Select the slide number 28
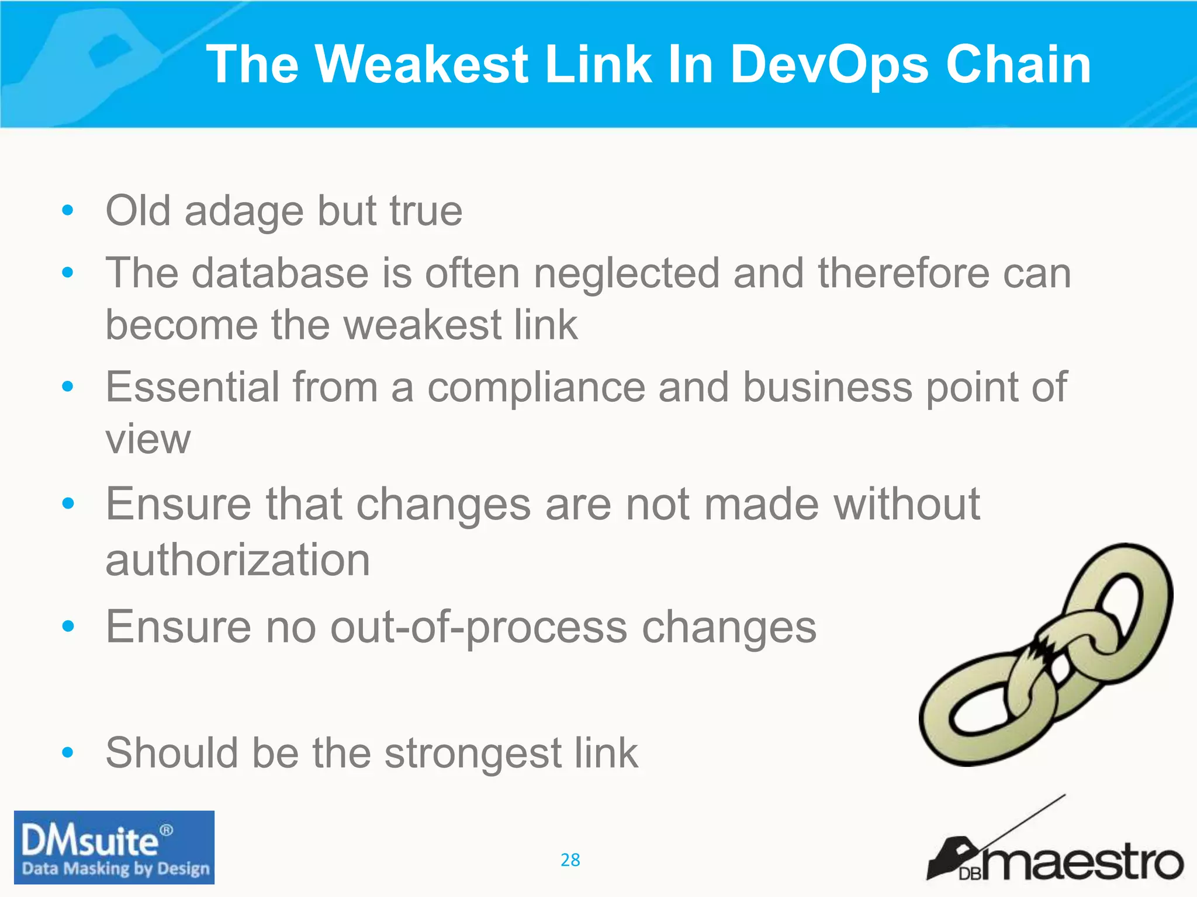point(570,860)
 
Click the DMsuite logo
point(114,847)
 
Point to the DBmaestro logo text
point(1081,863)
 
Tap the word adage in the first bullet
point(244,211)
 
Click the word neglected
point(627,273)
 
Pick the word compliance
point(536,388)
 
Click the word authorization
point(238,559)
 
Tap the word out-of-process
point(479,627)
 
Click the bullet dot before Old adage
point(68,210)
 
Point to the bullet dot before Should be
point(68,752)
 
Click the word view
point(148,439)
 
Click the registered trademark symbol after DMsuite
point(167,830)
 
